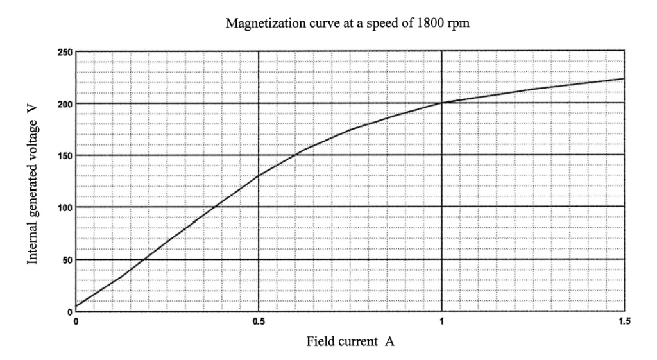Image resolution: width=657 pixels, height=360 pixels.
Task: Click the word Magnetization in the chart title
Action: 259,25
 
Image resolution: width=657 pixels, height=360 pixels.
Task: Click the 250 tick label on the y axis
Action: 65,51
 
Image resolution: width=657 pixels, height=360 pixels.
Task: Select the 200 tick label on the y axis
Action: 65,103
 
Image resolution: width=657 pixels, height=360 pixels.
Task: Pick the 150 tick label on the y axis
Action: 65,155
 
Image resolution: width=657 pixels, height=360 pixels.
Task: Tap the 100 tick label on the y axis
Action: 65,207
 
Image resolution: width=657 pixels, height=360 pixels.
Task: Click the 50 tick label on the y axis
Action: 67,259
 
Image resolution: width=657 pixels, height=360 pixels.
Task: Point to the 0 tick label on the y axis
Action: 69,311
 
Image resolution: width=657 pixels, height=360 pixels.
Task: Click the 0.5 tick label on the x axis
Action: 258,321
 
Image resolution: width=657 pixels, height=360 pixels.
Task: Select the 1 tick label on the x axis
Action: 441,321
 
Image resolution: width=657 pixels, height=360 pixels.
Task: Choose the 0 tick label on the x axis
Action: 76,321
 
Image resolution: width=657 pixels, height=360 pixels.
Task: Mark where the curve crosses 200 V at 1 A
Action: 441,103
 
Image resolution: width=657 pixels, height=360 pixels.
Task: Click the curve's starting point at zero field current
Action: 76,306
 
